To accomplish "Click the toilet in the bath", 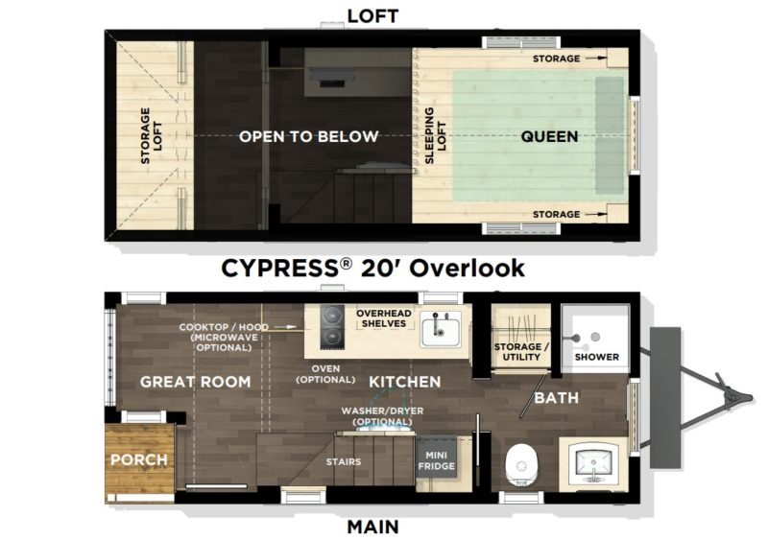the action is point(521,464).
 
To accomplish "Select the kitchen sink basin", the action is point(441,329).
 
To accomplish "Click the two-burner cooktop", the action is point(332,327).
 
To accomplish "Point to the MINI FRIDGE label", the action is point(437,460).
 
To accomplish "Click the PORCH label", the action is point(139,459).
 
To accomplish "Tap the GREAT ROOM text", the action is point(196,382).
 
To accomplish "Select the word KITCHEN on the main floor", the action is point(404,382).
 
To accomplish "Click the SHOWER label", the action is point(596,357).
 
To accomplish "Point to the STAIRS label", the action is point(344,461).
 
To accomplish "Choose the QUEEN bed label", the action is point(549,136).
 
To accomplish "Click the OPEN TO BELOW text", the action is point(308,136).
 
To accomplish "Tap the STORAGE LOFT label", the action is point(151,135).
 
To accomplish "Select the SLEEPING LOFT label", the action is point(435,135).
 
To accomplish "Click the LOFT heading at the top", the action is point(372,16).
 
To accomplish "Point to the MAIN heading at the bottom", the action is point(372,527).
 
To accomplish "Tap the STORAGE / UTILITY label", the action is point(521,351).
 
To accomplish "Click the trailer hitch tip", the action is point(750,397).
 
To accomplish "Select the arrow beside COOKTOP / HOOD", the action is point(285,326).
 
